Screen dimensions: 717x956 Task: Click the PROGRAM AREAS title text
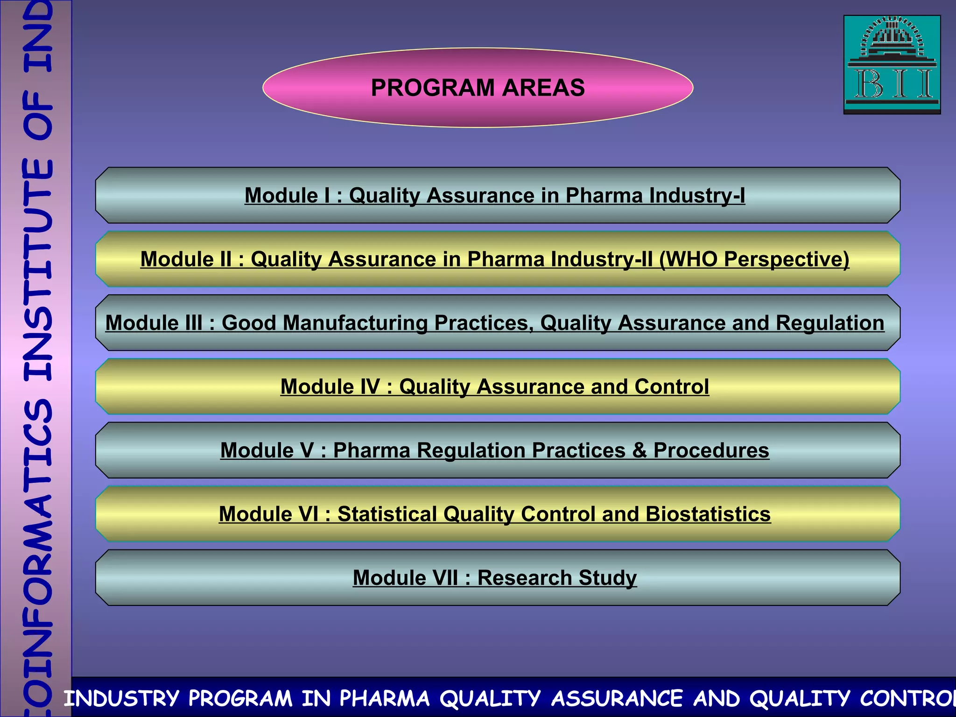click(478, 88)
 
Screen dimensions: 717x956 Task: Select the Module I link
click(495, 195)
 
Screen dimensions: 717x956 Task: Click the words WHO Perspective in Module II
click(754, 259)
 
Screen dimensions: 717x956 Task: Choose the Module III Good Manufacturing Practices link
click(495, 323)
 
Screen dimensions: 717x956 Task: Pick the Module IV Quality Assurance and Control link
click(495, 387)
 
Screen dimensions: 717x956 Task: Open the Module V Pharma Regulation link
click(495, 450)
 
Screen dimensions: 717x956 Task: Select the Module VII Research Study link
click(495, 578)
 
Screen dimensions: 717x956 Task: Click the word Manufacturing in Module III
click(355, 323)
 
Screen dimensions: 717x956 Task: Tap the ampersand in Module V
click(640, 450)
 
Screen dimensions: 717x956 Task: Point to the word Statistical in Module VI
click(387, 514)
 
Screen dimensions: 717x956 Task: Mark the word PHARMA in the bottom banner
click(384, 699)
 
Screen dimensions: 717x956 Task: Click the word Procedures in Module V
click(711, 450)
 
